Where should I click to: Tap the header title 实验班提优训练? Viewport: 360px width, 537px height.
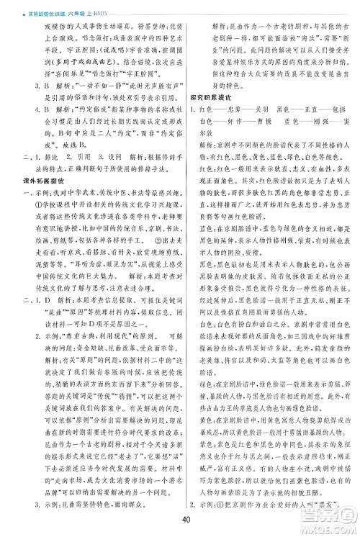pos(27,6)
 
